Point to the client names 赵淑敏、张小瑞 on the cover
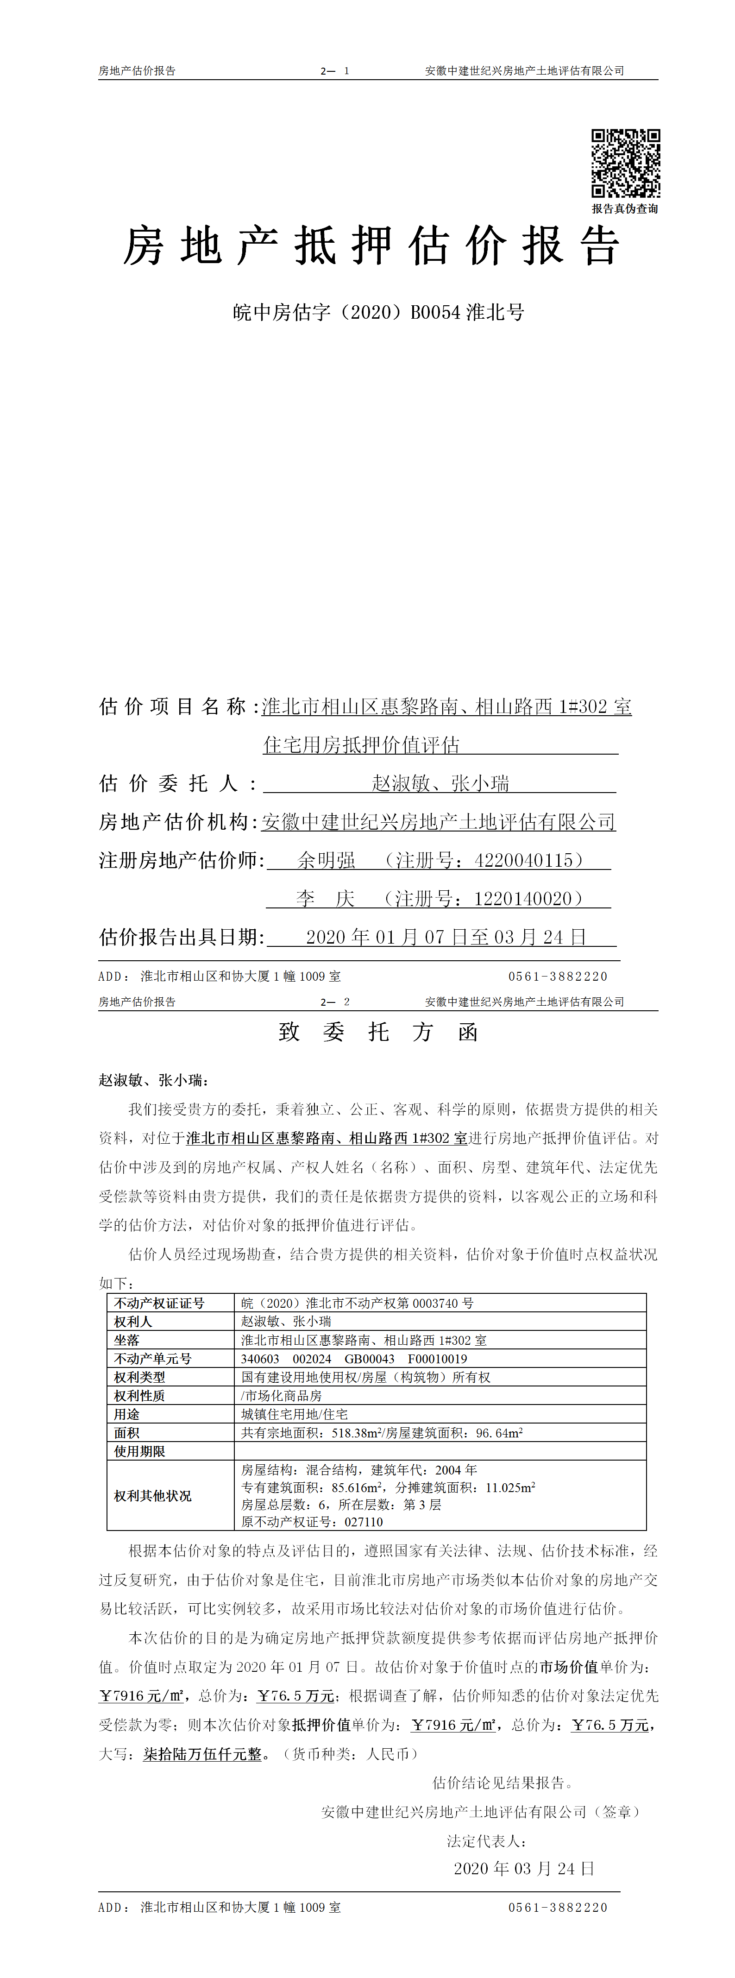point(440,783)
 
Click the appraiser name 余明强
point(327,860)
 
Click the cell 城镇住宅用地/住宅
point(294,1414)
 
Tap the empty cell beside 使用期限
point(440,1450)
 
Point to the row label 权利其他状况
point(153,1495)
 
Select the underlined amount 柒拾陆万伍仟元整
point(203,1754)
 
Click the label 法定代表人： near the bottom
point(487,1840)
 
